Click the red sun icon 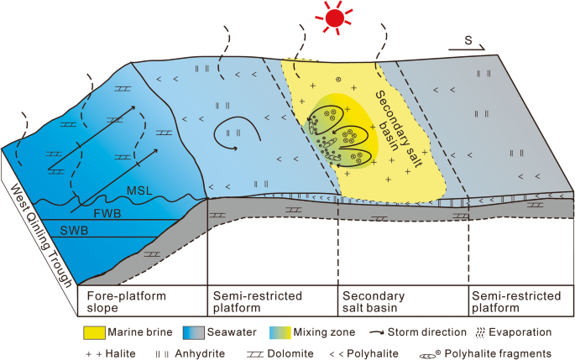[335, 18]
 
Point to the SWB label [71, 230]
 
